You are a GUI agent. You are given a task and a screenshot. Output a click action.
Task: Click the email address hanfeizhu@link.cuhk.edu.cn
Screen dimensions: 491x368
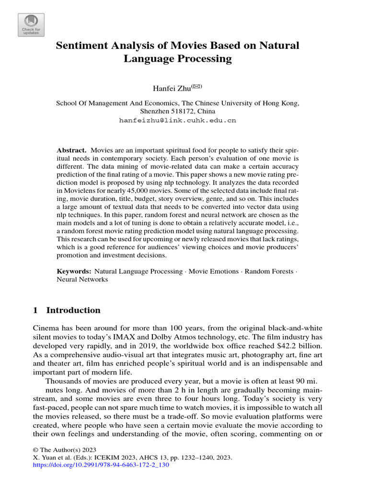[177, 121]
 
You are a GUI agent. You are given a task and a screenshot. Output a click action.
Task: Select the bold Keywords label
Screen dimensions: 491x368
[74, 271]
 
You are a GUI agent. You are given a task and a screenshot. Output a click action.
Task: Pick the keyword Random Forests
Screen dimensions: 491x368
[269, 271]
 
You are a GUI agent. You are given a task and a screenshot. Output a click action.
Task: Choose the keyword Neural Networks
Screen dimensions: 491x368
[82, 279]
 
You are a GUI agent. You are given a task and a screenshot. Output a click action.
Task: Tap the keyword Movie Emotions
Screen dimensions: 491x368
[213, 271]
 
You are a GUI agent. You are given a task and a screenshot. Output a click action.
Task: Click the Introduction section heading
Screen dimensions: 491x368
[73, 310]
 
